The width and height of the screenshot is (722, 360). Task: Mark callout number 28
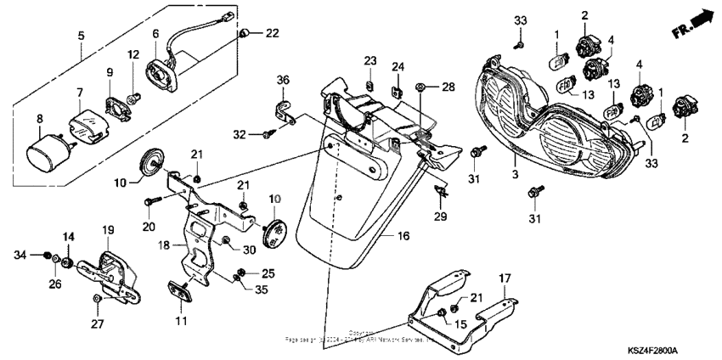tap(448, 87)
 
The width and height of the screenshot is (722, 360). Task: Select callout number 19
tap(109, 230)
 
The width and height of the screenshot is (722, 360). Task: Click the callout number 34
tap(22, 254)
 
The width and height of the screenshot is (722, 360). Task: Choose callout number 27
tap(98, 323)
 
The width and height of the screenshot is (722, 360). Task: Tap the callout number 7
tap(79, 92)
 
